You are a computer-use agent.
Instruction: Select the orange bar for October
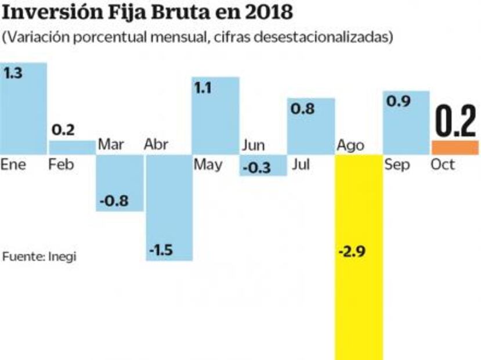pyautogui.click(x=455, y=147)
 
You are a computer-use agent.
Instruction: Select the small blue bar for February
pyautogui.click(x=71, y=147)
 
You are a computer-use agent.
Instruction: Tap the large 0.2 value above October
pyautogui.click(x=455, y=121)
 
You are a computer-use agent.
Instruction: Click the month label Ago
pyautogui.click(x=351, y=145)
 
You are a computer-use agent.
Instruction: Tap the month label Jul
pyautogui.click(x=301, y=165)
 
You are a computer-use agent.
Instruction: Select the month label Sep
pyautogui.click(x=397, y=165)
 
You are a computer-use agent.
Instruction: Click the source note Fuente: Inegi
pyautogui.click(x=39, y=256)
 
